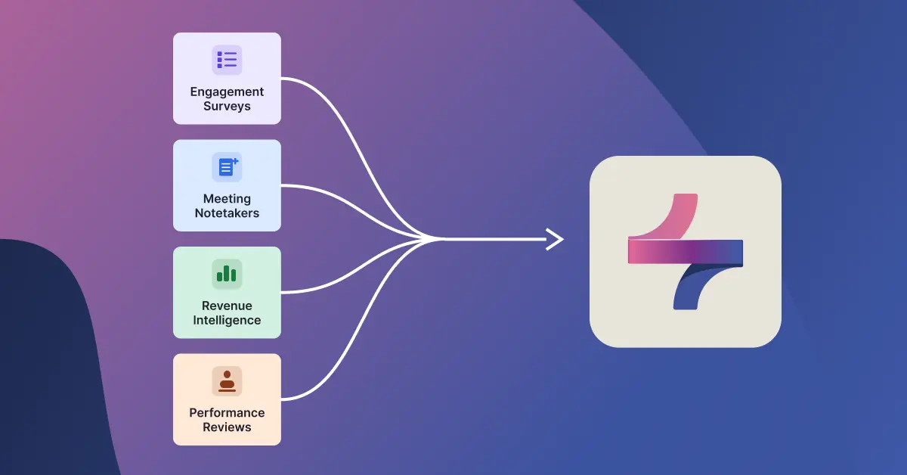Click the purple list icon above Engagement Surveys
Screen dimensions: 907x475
tap(227, 60)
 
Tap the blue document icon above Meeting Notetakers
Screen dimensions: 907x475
tap(227, 167)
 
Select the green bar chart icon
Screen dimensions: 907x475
tap(227, 274)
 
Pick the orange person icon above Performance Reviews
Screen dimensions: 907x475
tap(227, 381)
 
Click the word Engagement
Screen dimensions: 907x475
tap(227, 92)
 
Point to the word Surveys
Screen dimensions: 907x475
tap(227, 106)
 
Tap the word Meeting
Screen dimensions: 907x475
tap(227, 200)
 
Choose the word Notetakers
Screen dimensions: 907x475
tap(227, 213)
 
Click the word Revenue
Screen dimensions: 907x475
tap(227, 306)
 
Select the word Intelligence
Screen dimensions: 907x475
tap(227, 320)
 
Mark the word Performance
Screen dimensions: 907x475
tap(227, 412)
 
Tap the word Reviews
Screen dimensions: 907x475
tap(227, 427)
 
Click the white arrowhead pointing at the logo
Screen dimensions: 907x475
tap(556, 240)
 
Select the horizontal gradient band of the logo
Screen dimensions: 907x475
tap(686, 252)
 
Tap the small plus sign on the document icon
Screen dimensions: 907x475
tap(235, 161)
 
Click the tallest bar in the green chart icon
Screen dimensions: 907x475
tap(226, 273)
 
